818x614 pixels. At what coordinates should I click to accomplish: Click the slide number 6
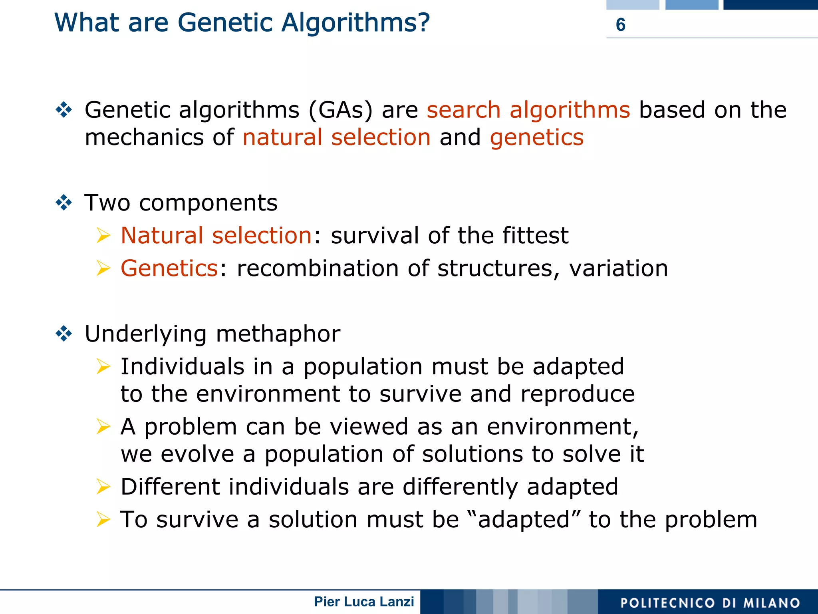coord(620,25)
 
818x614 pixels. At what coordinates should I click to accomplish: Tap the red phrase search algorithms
coord(528,110)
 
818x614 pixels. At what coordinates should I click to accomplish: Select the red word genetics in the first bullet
coord(536,137)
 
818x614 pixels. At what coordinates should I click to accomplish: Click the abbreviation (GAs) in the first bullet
coord(340,110)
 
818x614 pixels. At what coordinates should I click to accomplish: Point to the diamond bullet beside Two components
coord(64,203)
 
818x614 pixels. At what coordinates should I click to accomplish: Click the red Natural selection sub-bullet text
coord(216,235)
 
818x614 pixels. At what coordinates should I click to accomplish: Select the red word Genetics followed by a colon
coord(169,268)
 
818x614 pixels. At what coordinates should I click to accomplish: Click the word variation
coord(618,268)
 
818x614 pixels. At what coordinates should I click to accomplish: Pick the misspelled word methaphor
coord(278,334)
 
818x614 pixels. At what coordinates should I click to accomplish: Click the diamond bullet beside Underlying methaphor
coord(64,334)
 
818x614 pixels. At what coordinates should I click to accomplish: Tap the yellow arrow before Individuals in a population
coord(103,366)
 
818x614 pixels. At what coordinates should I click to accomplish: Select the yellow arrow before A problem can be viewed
coord(103,427)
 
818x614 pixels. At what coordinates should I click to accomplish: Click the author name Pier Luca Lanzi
coord(364,602)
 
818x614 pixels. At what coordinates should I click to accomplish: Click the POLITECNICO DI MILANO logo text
coord(710,603)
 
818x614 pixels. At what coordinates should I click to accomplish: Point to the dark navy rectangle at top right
coord(770,5)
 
